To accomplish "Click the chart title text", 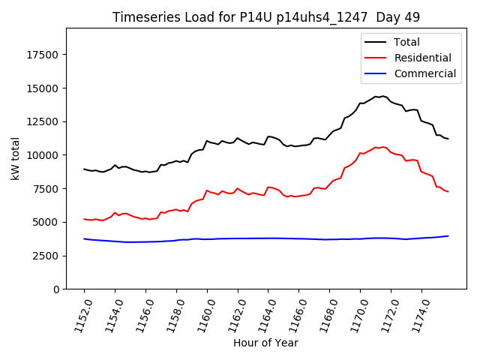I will (x=266, y=17).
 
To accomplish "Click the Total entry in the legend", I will (x=408, y=42).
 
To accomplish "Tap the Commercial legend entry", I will (x=425, y=73).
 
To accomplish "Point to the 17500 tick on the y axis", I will (x=44, y=55).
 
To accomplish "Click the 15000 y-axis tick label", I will (x=44, y=88).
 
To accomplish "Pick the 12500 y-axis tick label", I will (x=44, y=121).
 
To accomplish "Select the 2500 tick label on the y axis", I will (x=47, y=256).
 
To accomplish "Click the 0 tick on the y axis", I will (x=57, y=289).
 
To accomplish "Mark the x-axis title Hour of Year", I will (x=266, y=343).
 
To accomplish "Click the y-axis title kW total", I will (x=15, y=158).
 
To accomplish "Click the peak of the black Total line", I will (x=382, y=96).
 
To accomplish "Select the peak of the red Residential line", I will (x=382, y=146).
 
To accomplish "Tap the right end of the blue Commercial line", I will (x=448, y=236).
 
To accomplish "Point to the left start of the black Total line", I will (x=84, y=169).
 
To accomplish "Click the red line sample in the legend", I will (x=377, y=58).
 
